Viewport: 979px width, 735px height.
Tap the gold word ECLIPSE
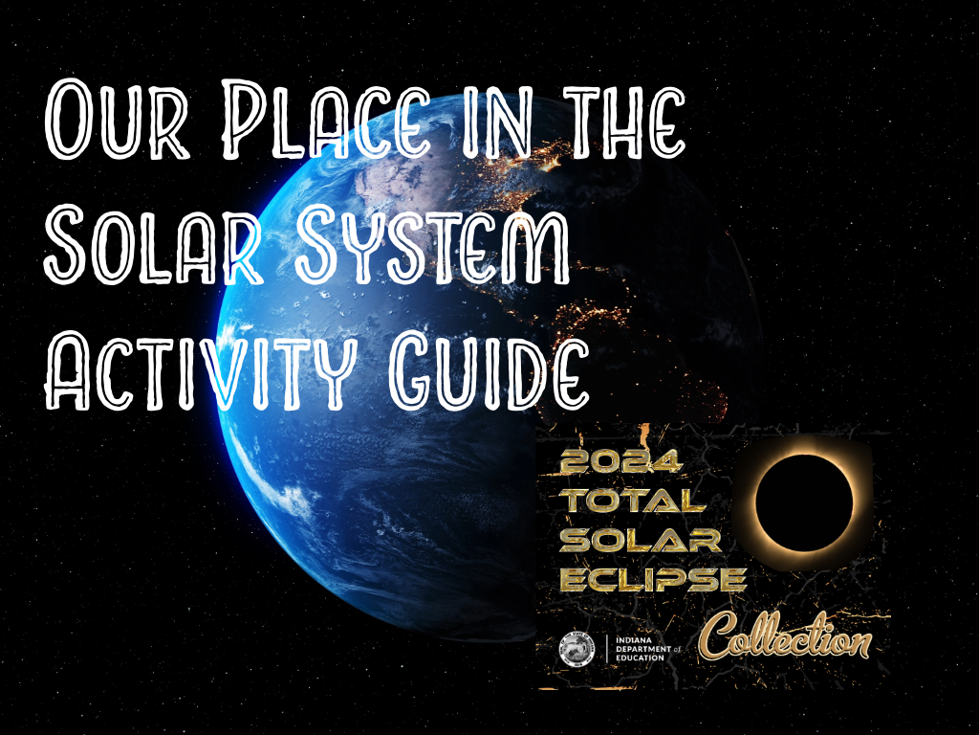click(x=653, y=578)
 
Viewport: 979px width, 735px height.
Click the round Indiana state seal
click(x=577, y=652)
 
